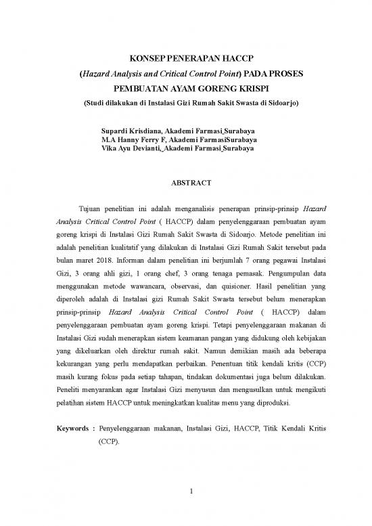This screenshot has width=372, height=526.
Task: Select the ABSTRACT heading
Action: pos(186,182)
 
